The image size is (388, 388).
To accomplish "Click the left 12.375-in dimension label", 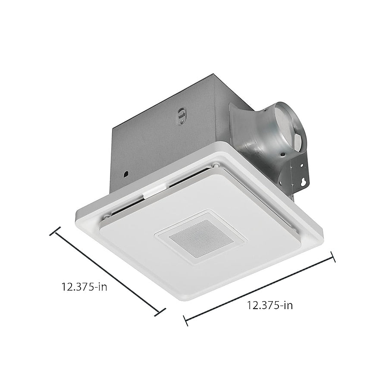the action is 84,287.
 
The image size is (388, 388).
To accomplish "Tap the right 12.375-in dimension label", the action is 270,305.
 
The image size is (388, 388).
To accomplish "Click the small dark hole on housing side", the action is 126,174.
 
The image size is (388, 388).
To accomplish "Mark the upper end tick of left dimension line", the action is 55,231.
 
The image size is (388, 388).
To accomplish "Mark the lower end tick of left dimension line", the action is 160,312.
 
